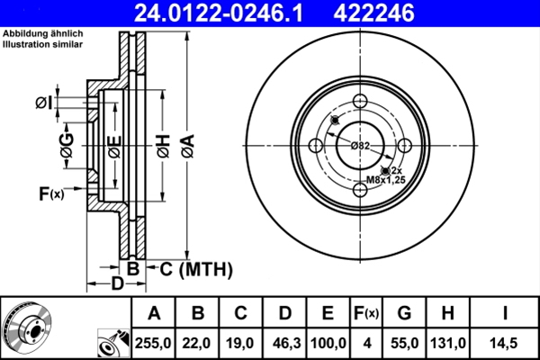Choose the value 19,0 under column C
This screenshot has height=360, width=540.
pyautogui.click(x=241, y=343)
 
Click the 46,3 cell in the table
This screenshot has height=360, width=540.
pyautogui.click(x=284, y=343)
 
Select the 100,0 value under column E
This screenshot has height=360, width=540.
pyautogui.click(x=328, y=343)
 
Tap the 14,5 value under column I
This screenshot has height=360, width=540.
pyautogui.click(x=506, y=343)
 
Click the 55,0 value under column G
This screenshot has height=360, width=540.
pyautogui.click(x=403, y=343)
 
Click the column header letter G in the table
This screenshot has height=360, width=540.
pyautogui.click(x=403, y=313)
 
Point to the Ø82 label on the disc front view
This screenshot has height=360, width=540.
pyautogui.click(x=360, y=146)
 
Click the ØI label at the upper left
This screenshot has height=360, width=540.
pyautogui.click(x=41, y=103)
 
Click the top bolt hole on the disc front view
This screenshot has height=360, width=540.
pyautogui.click(x=360, y=101)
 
